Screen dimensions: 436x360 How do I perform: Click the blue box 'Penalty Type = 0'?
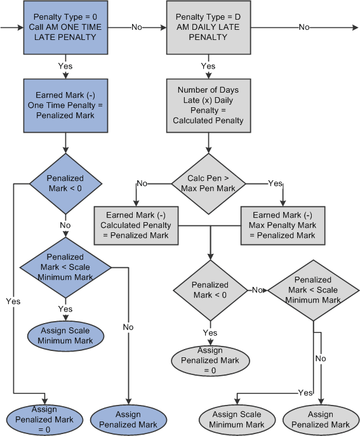click(x=65, y=28)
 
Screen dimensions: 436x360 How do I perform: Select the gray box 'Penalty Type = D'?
click(x=208, y=28)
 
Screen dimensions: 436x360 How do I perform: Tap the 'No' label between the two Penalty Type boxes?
click(x=136, y=27)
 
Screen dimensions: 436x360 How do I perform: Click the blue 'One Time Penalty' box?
click(x=65, y=106)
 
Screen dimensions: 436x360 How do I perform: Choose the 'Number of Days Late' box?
click(x=208, y=106)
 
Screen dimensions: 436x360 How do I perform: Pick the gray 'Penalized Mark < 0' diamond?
click(x=210, y=289)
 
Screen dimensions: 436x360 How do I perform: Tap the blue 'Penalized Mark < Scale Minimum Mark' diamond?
click(x=65, y=267)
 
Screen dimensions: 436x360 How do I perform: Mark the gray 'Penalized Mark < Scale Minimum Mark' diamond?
click(x=312, y=289)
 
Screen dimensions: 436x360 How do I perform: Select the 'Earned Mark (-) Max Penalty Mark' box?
click(x=283, y=225)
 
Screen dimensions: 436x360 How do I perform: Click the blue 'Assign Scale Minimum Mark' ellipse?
click(x=65, y=335)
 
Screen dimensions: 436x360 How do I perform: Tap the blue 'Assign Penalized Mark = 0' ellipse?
click(x=42, y=419)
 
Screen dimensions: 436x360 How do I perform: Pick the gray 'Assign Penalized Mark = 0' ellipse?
click(x=209, y=360)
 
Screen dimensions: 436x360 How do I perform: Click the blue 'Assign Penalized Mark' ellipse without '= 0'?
click(x=128, y=419)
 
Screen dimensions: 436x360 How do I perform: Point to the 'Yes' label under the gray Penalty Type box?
click(x=208, y=66)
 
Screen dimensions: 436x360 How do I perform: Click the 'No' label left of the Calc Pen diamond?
click(x=142, y=183)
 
